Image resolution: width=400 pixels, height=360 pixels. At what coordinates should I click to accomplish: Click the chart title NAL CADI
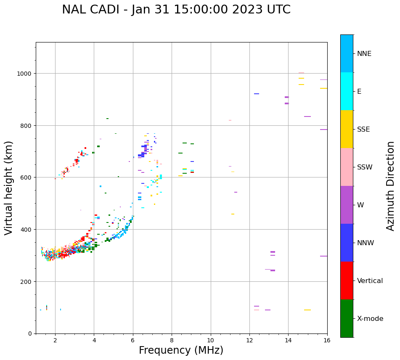coord(176,10)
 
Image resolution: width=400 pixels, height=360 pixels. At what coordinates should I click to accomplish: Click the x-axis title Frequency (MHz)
coord(181,350)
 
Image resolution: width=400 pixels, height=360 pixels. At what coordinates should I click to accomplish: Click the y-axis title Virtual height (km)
coord(9,188)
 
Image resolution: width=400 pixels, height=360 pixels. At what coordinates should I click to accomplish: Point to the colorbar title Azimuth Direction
coord(391,186)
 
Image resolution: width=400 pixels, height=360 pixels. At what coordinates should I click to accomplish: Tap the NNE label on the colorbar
coord(364,53)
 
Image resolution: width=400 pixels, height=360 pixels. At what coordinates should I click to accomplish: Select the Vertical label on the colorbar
coord(370,281)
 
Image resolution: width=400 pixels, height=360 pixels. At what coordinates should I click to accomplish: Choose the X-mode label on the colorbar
coord(370,318)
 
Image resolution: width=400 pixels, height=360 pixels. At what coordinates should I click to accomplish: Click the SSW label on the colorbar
coord(365,167)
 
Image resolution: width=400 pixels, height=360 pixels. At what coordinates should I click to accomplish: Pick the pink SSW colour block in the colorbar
coord(347,167)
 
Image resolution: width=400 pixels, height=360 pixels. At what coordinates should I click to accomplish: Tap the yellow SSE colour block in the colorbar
coord(347,129)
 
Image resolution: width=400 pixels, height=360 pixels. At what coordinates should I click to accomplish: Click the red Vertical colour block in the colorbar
coord(347,281)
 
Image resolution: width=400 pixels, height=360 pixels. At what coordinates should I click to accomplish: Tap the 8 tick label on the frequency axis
coord(172,340)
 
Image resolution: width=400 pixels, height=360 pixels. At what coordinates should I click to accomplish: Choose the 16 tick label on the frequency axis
coord(327,340)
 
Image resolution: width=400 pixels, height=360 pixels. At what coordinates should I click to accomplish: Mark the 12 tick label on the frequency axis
coord(249,340)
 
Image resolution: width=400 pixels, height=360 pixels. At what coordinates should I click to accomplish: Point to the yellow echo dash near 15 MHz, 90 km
coord(307,310)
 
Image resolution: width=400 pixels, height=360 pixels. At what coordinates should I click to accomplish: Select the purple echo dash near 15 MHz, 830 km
coord(307,116)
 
